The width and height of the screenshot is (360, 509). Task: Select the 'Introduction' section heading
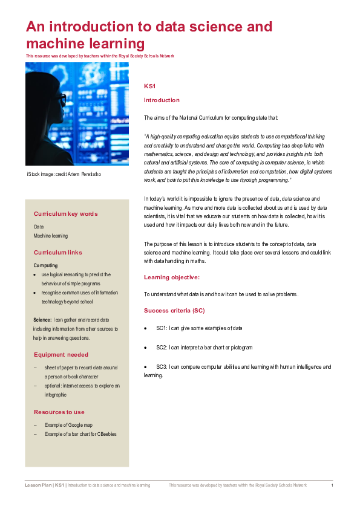[x=162, y=100]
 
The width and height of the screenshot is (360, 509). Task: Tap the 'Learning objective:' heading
[x=171, y=277]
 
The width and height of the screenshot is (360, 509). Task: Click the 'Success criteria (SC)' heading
[x=174, y=311]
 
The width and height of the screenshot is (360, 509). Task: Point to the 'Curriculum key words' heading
[x=65, y=214]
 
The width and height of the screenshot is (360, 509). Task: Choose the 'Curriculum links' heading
[x=58, y=253]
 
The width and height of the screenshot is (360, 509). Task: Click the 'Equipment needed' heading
[x=61, y=355]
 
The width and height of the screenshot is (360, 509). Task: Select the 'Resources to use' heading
[x=59, y=412]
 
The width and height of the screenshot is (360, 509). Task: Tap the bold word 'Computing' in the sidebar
[x=45, y=265]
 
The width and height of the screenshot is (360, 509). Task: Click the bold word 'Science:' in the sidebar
[x=42, y=320]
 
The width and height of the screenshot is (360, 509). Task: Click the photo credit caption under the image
[x=64, y=175]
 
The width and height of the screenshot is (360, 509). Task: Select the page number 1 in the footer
[x=332, y=485]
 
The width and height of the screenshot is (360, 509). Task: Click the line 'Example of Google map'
[x=68, y=425]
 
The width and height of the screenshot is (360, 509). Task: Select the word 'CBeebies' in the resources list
[x=106, y=434]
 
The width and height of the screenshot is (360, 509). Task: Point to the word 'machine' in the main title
[x=54, y=44]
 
